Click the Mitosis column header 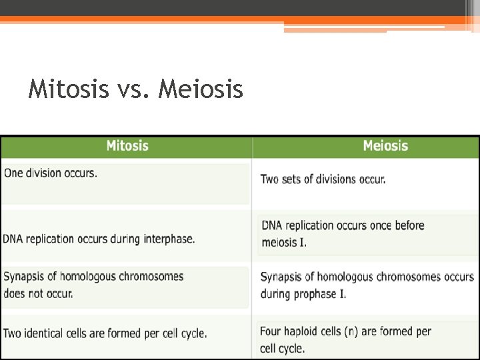pyautogui.click(x=127, y=146)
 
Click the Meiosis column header pyautogui.click(x=385, y=146)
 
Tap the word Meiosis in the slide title pyautogui.click(x=201, y=89)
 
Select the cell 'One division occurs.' pyautogui.click(x=51, y=173)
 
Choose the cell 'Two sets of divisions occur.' pyautogui.click(x=323, y=179)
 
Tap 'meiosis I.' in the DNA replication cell pyautogui.click(x=284, y=243)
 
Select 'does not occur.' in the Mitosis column pyautogui.click(x=38, y=293)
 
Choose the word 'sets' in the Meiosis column pyautogui.click(x=294, y=179)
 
